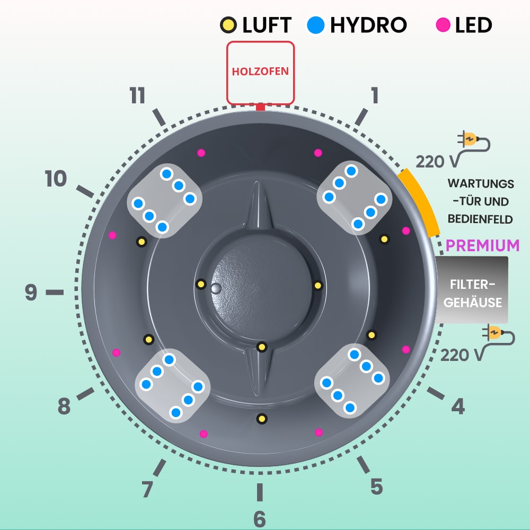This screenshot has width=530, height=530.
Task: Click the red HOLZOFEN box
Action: tap(260, 72)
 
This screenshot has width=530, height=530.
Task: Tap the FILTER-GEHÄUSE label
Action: tap(472, 293)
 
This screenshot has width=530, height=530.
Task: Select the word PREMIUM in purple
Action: tap(482, 245)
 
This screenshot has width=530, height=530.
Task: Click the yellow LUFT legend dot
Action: tap(228, 24)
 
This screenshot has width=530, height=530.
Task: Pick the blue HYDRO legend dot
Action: tap(315, 24)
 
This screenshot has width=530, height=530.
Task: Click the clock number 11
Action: tap(137, 96)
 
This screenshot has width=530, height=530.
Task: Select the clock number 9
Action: tap(31, 292)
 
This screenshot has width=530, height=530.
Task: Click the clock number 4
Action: tap(458, 407)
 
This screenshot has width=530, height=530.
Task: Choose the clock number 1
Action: tap(375, 96)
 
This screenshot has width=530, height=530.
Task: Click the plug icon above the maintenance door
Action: tap(474, 141)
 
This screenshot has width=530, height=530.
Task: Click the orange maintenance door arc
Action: tap(420, 202)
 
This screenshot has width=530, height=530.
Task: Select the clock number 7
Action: tap(147, 489)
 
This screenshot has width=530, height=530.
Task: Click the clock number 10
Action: tap(56, 179)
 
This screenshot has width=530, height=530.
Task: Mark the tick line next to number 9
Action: tap(54, 292)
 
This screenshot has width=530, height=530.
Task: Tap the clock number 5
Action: tap(376, 486)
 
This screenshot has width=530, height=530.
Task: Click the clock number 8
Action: tap(64, 407)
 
